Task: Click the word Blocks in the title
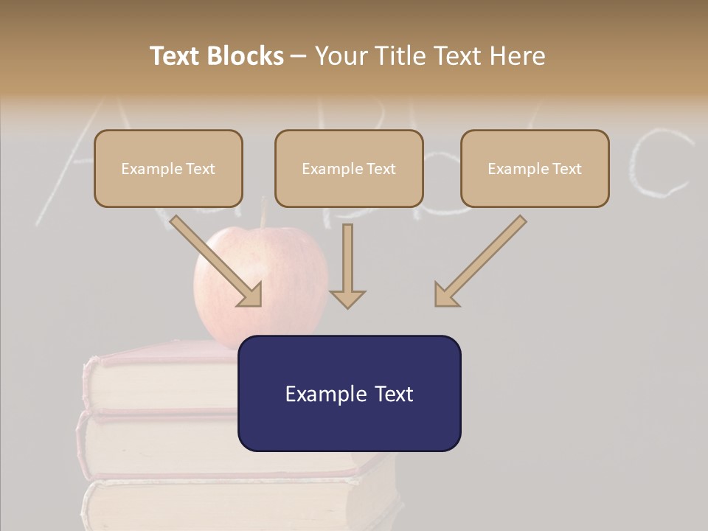click(x=246, y=56)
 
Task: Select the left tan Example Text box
click(x=168, y=169)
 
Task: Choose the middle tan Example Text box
click(x=349, y=169)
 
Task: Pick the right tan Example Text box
click(x=535, y=169)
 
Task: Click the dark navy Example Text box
click(x=349, y=393)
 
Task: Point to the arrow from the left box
click(x=218, y=263)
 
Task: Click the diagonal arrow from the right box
click(x=479, y=263)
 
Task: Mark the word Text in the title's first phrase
click(x=176, y=56)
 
